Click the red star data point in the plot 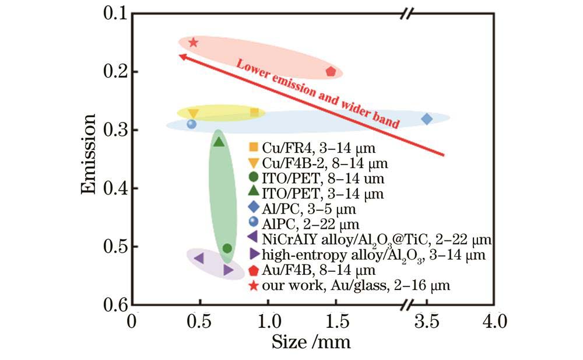click(194, 42)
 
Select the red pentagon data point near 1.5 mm click(331, 72)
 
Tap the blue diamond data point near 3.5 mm click(427, 119)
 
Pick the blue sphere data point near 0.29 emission click(191, 124)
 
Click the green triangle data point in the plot click(219, 142)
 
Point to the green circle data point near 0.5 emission click(227, 249)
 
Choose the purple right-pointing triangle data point click(228, 270)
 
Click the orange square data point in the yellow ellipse click(254, 112)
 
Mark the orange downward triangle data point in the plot click(193, 113)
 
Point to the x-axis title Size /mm click(311, 341)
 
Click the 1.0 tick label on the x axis click(268, 321)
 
